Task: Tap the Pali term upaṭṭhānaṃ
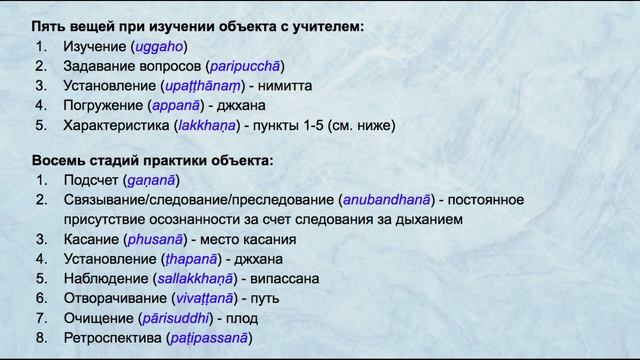point(203,86)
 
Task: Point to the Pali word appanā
point(177,105)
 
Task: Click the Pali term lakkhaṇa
point(209,125)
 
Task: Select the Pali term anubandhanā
point(391,200)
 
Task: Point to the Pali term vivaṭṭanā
point(203,298)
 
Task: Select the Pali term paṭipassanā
point(208,338)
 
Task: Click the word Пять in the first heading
point(47,26)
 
